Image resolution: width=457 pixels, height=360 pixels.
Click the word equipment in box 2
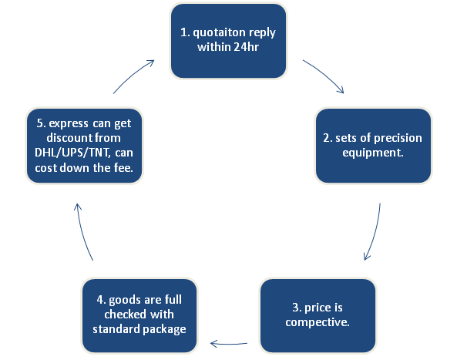pos(372,153)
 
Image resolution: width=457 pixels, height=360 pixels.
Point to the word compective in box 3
pos(316,322)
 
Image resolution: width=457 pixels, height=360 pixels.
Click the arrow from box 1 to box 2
pos(324,75)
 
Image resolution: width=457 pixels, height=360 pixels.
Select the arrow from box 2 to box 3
pos(375,232)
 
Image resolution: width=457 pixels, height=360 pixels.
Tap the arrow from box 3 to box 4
pos(229,344)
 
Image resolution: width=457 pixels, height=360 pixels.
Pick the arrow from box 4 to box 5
pos(82,232)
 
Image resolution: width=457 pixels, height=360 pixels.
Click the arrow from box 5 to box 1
pos(133,76)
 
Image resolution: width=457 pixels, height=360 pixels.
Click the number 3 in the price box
pos(295,308)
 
